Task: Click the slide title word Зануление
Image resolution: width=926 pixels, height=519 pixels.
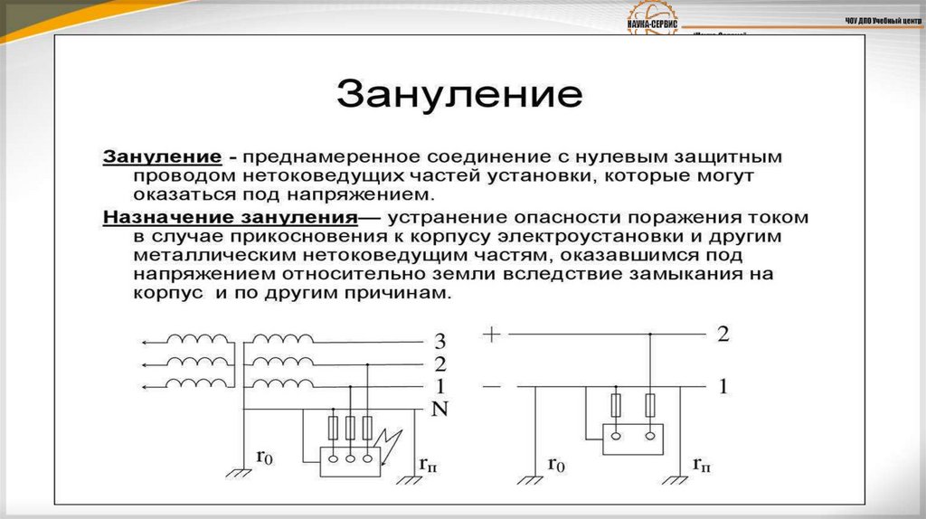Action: (x=458, y=94)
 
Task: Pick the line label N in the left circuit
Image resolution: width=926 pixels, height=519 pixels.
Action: (x=439, y=409)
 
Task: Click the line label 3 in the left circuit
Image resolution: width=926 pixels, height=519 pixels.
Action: (x=440, y=343)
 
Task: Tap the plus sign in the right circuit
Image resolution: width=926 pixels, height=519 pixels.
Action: (x=491, y=334)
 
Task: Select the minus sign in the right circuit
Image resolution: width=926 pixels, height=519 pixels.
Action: (x=491, y=386)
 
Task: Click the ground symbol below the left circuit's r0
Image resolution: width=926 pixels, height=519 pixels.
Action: (x=238, y=473)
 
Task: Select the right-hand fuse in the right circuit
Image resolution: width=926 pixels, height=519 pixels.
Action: (x=650, y=405)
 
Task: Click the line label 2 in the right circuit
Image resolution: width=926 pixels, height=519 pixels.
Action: (x=723, y=334)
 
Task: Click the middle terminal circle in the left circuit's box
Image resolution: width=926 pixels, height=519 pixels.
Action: (x=350, y=458)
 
